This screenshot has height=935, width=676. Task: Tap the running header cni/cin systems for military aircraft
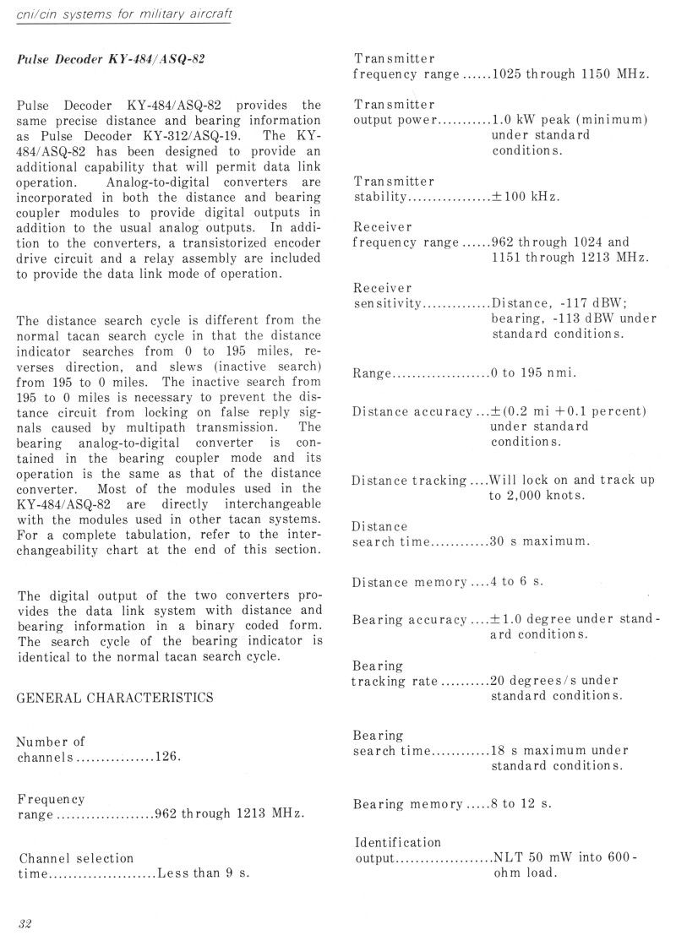point(124,17)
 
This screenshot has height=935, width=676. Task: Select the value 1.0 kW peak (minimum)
point(570,120)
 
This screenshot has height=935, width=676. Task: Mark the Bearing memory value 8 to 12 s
point(521,803)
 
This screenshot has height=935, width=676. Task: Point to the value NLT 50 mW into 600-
point(564,857)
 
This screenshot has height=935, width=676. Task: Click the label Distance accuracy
point(412,411)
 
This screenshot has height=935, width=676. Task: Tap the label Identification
point(397,842)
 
